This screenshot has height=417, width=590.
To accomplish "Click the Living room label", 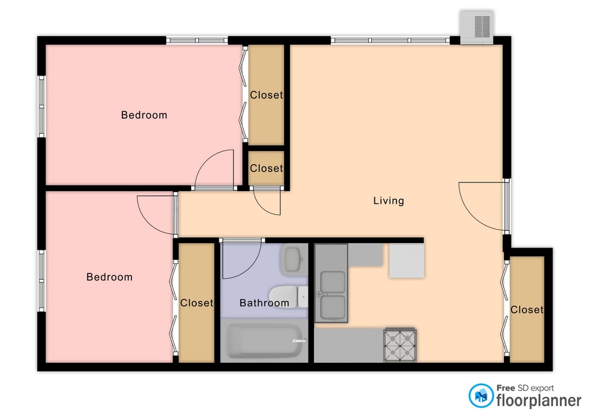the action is [388, 201].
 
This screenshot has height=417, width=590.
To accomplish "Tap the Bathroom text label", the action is [264, 303].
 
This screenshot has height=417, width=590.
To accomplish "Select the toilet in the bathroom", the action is [289, 296].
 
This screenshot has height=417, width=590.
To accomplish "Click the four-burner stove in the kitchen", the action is [400, 345].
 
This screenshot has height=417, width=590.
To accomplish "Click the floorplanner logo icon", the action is [481, 396].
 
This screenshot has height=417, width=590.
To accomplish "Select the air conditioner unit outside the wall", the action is [477, 26].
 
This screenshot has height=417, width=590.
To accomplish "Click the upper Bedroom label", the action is [144, 115].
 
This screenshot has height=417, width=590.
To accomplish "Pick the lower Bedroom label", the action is [109, 277].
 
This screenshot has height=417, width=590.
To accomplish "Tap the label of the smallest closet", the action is [266, 168].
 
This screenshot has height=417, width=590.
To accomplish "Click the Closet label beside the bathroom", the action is [197, 303].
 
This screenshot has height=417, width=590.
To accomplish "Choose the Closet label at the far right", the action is [527, 310].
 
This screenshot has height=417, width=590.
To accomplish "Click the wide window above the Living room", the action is [390, 41].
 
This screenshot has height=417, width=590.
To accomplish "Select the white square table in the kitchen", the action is [407, 261].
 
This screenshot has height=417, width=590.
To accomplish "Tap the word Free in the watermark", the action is [506, 388].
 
